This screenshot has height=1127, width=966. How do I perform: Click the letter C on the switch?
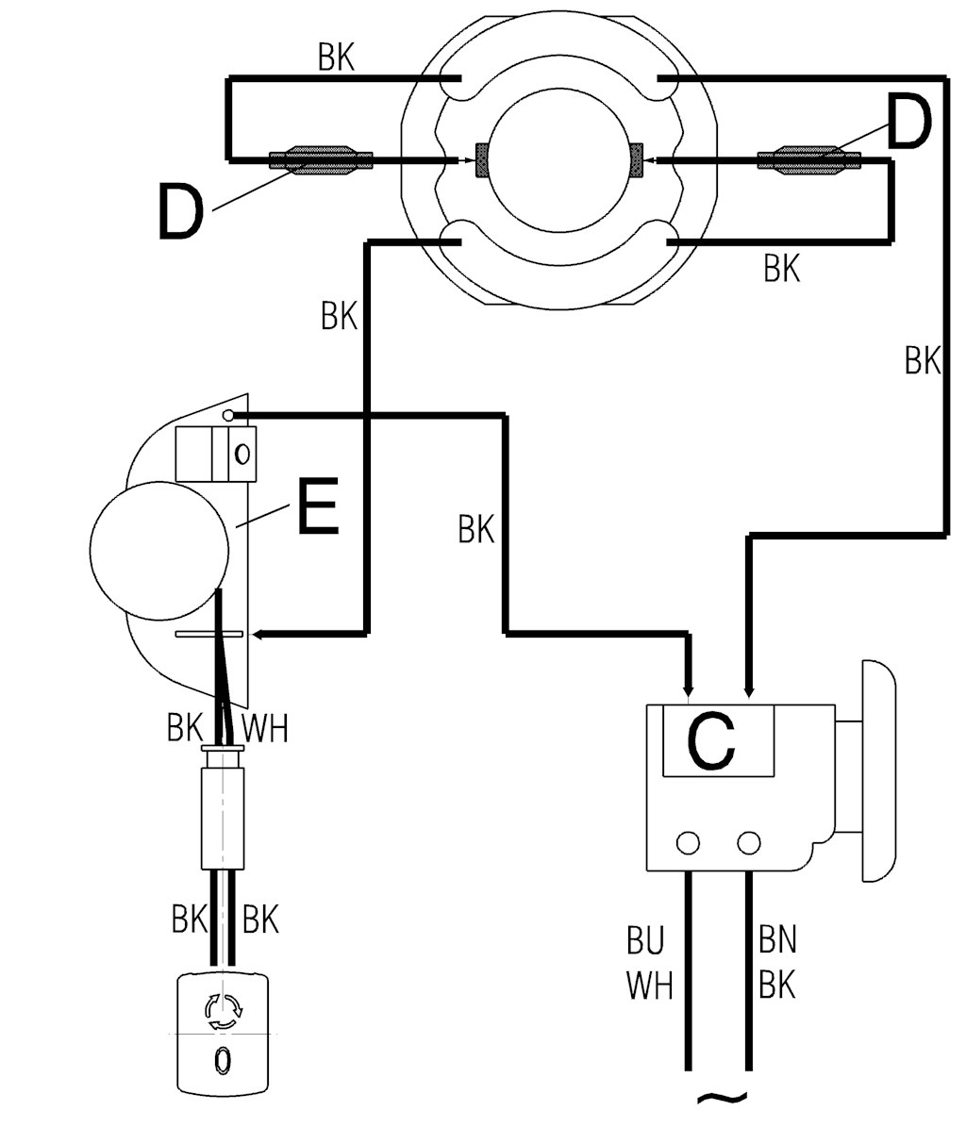point(711,740)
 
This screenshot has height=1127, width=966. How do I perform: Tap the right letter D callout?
point(909,123)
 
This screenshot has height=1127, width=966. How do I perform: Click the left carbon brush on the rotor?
point(481,160)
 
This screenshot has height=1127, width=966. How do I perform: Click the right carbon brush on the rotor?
point(636,160)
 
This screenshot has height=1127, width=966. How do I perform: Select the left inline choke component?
point(321,160)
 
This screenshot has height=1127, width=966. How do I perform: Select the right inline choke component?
point(809,158)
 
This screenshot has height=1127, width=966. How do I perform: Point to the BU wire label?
point(645,941)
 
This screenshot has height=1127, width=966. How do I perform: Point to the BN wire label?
point(777,940)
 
